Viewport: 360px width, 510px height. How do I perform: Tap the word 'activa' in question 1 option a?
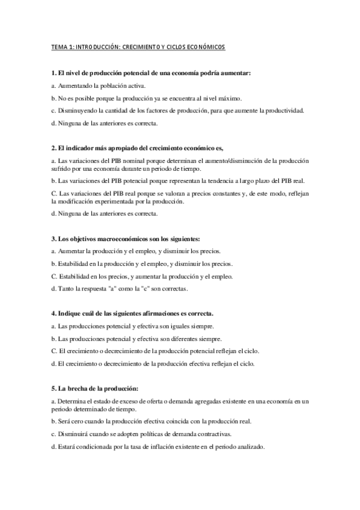(x=136, y=85)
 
